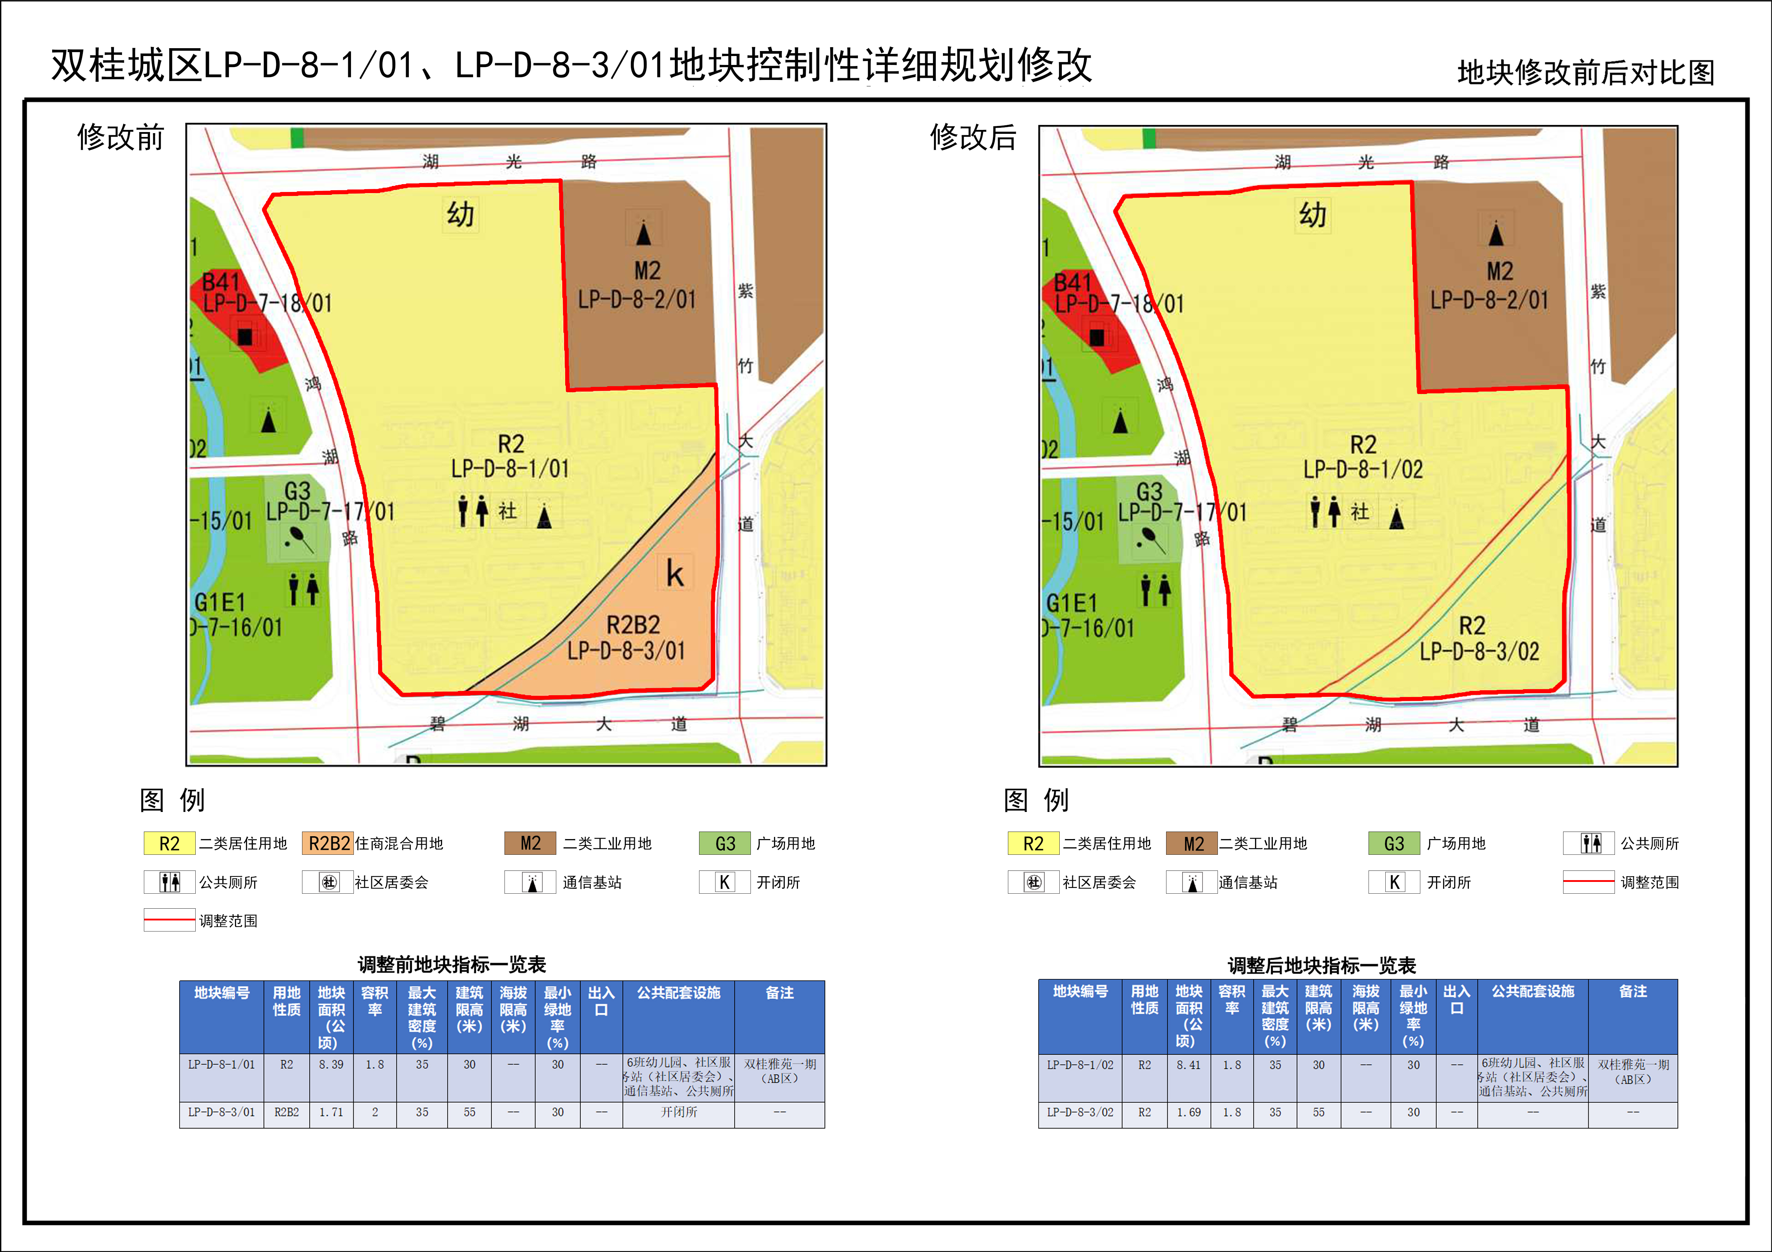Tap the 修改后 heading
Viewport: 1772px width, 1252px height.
tap(973, 137)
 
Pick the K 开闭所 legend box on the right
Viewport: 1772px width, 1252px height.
tap(1394, 882)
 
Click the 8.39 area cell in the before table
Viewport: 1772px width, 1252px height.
tap(331, 1065)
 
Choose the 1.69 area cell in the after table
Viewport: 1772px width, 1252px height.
tap(1189, 1112)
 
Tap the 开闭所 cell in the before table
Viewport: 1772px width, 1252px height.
tap(678, 1112)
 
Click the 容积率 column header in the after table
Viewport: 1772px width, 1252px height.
tap(1232, 1000)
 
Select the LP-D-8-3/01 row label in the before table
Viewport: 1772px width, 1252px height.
tap(221, 1112)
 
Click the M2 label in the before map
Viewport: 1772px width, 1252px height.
tap(648, 271)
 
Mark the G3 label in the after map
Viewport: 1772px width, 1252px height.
tap(1149, 491)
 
